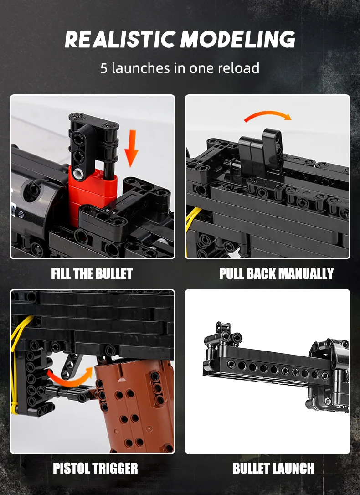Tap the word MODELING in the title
coord(238,40)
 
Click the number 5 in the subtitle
coord(104,68)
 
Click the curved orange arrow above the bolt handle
coord(268,115)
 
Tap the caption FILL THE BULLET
coord(92,273)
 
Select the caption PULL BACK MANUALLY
coord(277,273)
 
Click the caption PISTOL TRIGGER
coord(95,468)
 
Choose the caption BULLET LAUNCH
coord(273,468)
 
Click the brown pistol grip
coord(134,406)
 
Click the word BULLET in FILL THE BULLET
coord(114,273)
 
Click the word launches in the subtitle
coord(140,68)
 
